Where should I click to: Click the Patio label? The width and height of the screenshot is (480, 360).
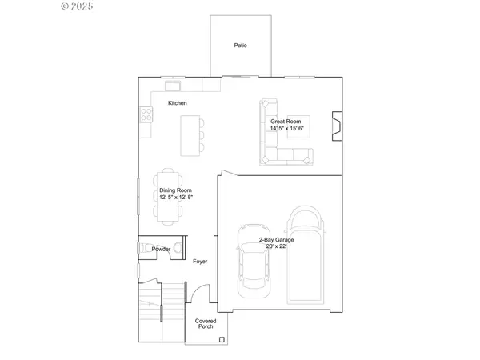[240, 46]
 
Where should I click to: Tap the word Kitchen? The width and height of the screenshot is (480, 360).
[178, 104]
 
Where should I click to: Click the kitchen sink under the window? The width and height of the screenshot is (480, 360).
[172, 84]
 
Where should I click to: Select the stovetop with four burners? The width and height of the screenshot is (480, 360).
[146, 115]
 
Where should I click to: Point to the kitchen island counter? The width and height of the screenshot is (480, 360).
[190, 135]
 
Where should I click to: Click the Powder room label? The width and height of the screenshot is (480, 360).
[161, 249]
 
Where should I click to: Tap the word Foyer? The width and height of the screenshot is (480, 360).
[200, 262]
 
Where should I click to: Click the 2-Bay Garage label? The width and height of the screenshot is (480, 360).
[274, 240]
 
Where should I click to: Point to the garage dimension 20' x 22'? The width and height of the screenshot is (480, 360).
[274, 246]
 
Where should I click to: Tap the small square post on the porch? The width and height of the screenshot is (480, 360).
[221, 340]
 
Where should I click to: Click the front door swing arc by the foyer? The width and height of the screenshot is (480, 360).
[194, 296]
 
